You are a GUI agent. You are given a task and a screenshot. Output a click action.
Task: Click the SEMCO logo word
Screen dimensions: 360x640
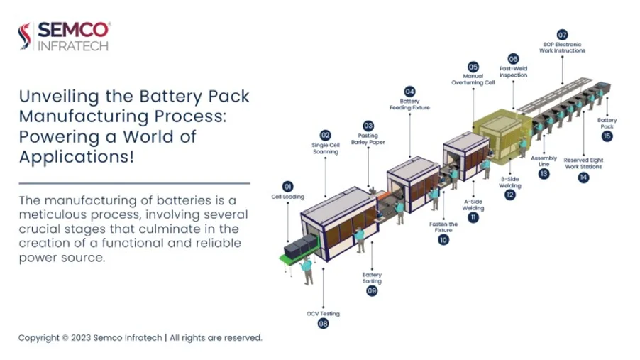pyautogui.click(x=73, y=29)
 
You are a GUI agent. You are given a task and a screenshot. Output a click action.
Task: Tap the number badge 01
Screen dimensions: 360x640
pyautogui.click(x=287, y=186)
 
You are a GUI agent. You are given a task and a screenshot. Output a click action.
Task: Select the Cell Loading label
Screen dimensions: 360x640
pyautogui.click(x=287, y=197)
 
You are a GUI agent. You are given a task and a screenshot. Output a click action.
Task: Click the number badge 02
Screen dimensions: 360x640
pyautogui.click(x=325, y=135)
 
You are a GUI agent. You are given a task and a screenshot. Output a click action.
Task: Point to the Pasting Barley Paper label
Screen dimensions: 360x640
pyautogui.click(x=368, y=138)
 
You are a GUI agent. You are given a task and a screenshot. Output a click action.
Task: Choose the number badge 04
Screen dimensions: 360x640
pyautogui.click(x=409, y=92)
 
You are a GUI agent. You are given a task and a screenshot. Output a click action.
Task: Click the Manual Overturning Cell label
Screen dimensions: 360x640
pyautogui.click(x=473, y=80)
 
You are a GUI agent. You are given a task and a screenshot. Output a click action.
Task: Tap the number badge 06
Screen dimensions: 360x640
pyautogui.click(x=514, y=59)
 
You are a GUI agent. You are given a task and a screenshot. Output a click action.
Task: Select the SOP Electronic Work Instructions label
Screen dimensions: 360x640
pyautogui.click(x=563, y=48)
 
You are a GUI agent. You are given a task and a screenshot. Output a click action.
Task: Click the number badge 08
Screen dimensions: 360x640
pyautogui.click(x=323, y=323)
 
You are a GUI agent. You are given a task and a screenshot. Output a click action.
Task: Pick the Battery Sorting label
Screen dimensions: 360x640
pyautogui.click(x=372, y=278)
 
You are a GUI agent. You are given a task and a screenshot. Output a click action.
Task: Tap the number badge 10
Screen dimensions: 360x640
pyautogui.click(x=443, y=240)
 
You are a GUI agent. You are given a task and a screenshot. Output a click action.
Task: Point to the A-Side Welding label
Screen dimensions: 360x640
pyautogui.click(x=473, y=204)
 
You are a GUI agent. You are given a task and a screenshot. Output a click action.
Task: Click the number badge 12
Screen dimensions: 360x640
pyautogui.click(x=510, y=195)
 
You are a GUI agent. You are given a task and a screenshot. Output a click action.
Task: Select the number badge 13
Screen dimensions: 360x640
pyautogui.click(x=544, y=173)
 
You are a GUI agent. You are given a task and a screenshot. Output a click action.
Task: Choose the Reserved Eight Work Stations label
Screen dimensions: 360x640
pyautogui.click(x=583, y=163)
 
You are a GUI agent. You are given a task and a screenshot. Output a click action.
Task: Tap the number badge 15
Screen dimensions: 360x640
pyautogui.click(x=607, y=136)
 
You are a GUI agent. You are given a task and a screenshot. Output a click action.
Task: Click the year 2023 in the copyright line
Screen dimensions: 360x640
pyautogui.click(x=82, y=338)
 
